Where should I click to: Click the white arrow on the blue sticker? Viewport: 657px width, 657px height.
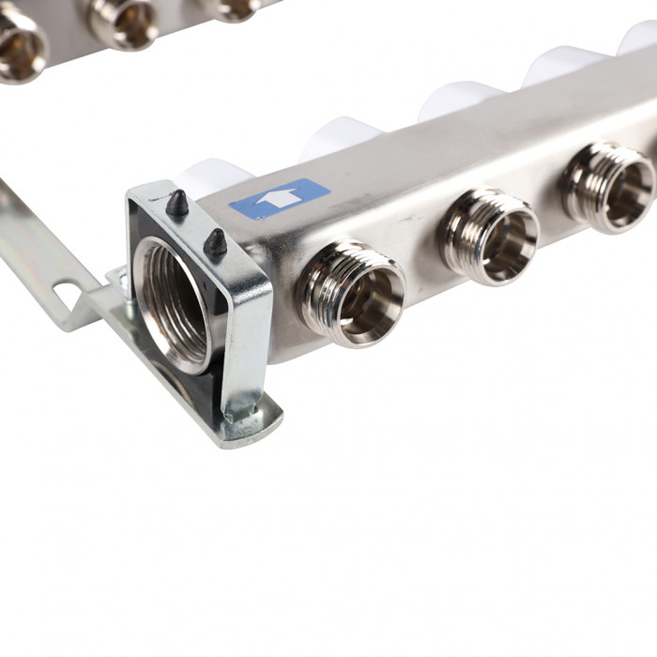point(279,199)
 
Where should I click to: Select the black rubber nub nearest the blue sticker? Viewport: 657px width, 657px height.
point(216,244)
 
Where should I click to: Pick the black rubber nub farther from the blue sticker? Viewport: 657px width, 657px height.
point(176,204)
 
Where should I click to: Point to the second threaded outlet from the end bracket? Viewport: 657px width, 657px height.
point(490,236)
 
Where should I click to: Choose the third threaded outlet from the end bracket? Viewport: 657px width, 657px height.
point(608,187)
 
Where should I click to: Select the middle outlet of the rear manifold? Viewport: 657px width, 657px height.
point(124,21)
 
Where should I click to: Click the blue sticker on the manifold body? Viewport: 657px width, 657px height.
point(280,199)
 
